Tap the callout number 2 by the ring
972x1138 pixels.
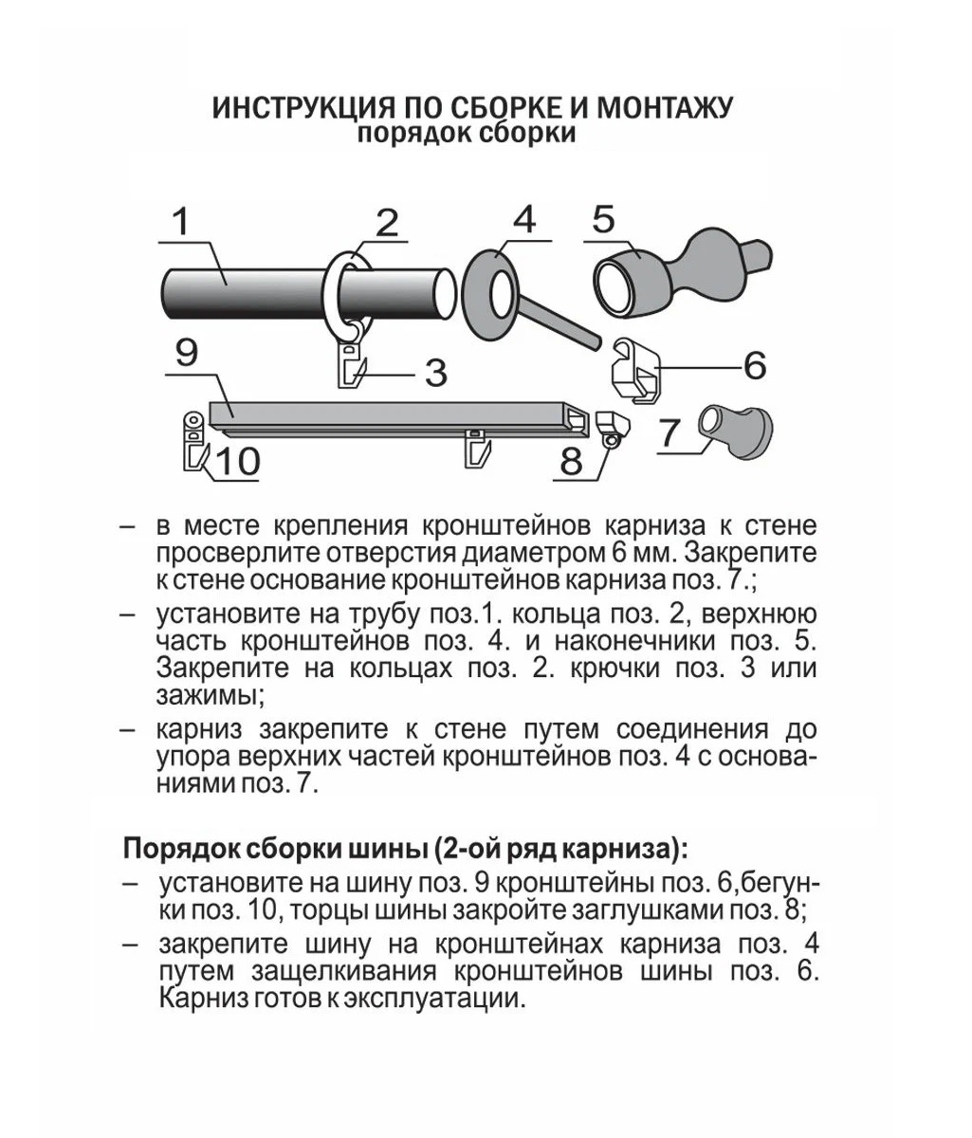(386, 224)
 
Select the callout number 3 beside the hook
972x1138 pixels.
(435, 373)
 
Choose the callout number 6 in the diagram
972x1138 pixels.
(754, 365)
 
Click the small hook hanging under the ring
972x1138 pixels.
(353, 365)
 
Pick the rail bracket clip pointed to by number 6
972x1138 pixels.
(633, 370)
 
